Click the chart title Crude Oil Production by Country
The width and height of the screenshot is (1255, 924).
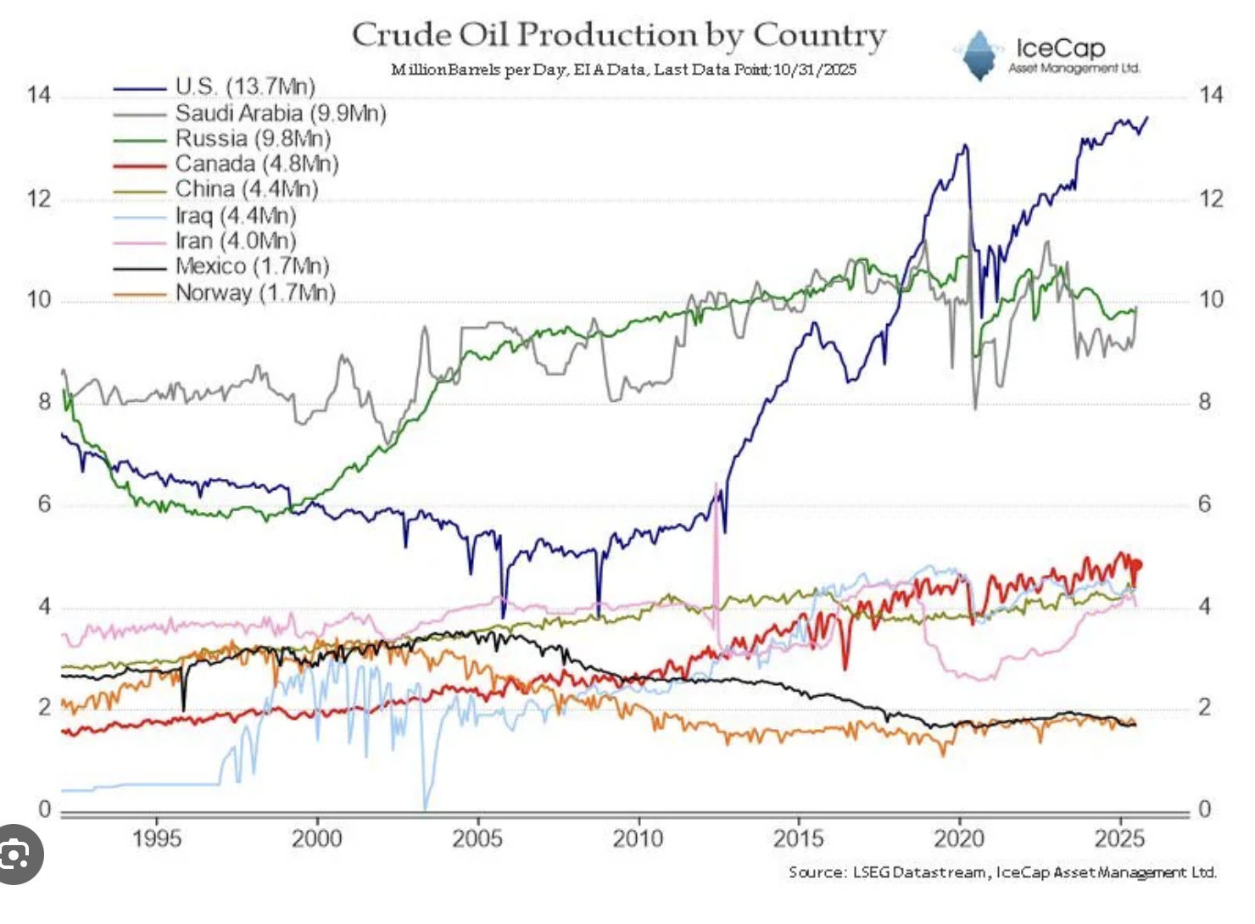pyautogui.click(x=619, y=36)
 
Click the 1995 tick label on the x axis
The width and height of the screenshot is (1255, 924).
pyautogui.click(x=157, y=838)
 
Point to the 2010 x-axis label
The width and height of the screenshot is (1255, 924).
pyautogui.click(x=638, y=838)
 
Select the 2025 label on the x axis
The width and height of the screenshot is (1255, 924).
pyautogui.click(x=1119, y=838)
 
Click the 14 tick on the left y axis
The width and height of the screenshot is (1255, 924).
pyautogui.click(x=39, y=94)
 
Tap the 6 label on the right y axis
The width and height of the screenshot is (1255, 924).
pyautogui.click(x=1204, y=504)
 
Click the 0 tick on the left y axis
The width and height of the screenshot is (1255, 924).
pyautogui.click(x=45, y=810)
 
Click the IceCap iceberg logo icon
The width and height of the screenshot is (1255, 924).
pyautogui.click(x=979, y=56)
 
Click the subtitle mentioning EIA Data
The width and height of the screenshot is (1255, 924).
pyautogui.click(x=623, y=70)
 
